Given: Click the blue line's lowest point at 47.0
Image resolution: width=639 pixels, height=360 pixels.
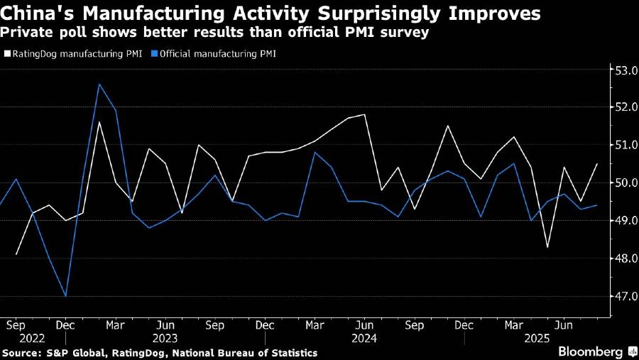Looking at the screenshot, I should (65, 296).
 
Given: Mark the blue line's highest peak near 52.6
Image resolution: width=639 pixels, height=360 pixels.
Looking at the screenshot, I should (99, 84).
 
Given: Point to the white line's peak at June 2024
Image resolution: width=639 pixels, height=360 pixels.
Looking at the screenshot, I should (365, 114).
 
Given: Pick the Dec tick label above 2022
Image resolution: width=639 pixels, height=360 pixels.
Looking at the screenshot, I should (65, 324).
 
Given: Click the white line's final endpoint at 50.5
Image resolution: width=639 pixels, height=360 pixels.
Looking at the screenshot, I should (597, 164).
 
